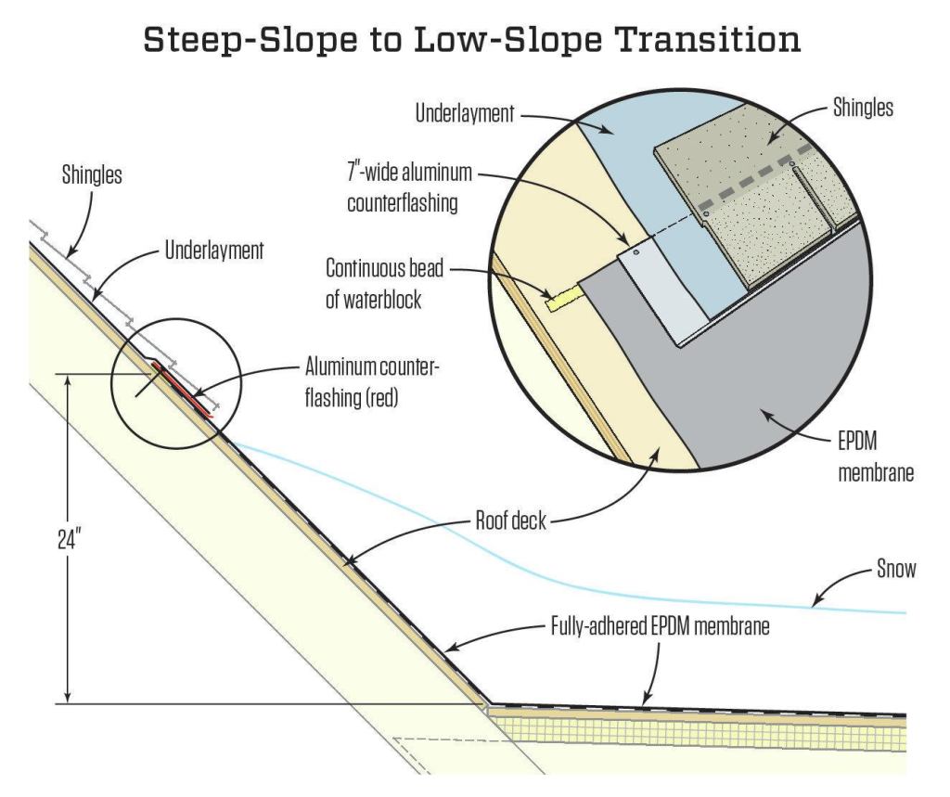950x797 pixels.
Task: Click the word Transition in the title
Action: pyautogui.click(x=707, y=40)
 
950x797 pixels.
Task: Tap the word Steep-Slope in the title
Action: pyautogui.click(x=250, y=40)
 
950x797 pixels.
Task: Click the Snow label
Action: pyautogui.click(x=896, y=569)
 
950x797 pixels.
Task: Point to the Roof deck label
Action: pyautogui.click(x=511, y=521)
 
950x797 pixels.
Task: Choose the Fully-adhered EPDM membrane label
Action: pyautogui.click(x=660, y=626)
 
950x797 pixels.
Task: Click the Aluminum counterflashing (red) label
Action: pyautogui.click(x=371, y=382)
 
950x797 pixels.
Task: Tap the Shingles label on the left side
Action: pyautogui.click(x=92, y=174)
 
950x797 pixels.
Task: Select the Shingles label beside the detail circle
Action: pyautogui.click(x=863, y=108)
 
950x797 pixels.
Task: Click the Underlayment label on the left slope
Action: pyautogui.click(x=214, y=251)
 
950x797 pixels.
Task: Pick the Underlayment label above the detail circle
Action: pyautogui.click(x=465, y=113)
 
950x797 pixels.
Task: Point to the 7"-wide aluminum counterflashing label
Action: pyautogui.click(x=409, y=187)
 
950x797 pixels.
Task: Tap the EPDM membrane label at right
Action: pyautogui.click(x=876, y=457)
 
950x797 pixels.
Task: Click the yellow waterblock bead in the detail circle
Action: pyautogui.click(x=564, y=298)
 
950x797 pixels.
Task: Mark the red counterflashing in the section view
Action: pyautogui.click(x=184, y=390)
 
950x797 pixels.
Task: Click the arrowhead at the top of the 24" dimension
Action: pyautogui.click(x=69, y=380)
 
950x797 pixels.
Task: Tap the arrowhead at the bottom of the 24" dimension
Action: pyautogui.click(x=69, y=697)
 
